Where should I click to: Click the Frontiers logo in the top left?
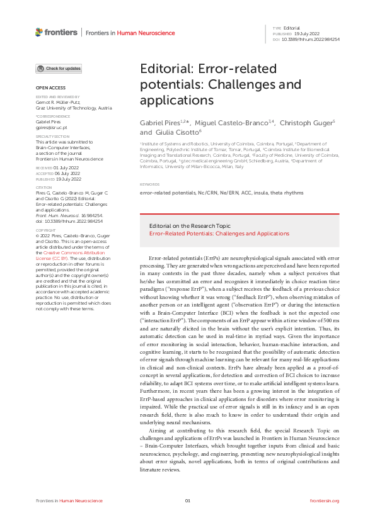[x=57, y=32]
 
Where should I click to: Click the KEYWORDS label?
[x=147, y=185]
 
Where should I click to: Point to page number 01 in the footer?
[x=187, y=500]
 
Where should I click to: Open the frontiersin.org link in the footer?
[x=325, y=500]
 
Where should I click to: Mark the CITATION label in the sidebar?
[x=43, y=188]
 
